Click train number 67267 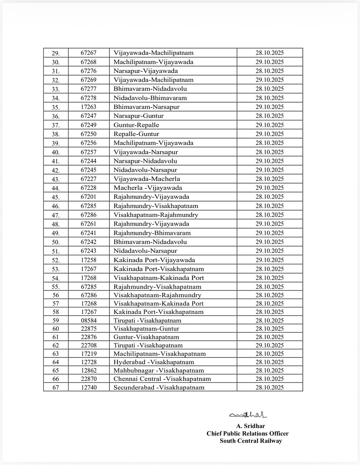88,53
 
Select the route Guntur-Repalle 136,125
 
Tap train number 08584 88,320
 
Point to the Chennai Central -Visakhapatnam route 162,379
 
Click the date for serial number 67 269,387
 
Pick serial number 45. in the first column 56,197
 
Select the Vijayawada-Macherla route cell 147,179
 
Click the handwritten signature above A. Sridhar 248,415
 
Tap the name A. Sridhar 250,426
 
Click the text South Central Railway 251,441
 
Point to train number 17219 88,354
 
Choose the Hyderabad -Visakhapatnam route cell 154,362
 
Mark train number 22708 88,345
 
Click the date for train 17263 269,107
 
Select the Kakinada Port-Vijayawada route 154,260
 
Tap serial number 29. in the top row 56,53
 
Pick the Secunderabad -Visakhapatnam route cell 159,387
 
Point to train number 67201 88,197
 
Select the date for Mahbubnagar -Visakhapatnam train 269,370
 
